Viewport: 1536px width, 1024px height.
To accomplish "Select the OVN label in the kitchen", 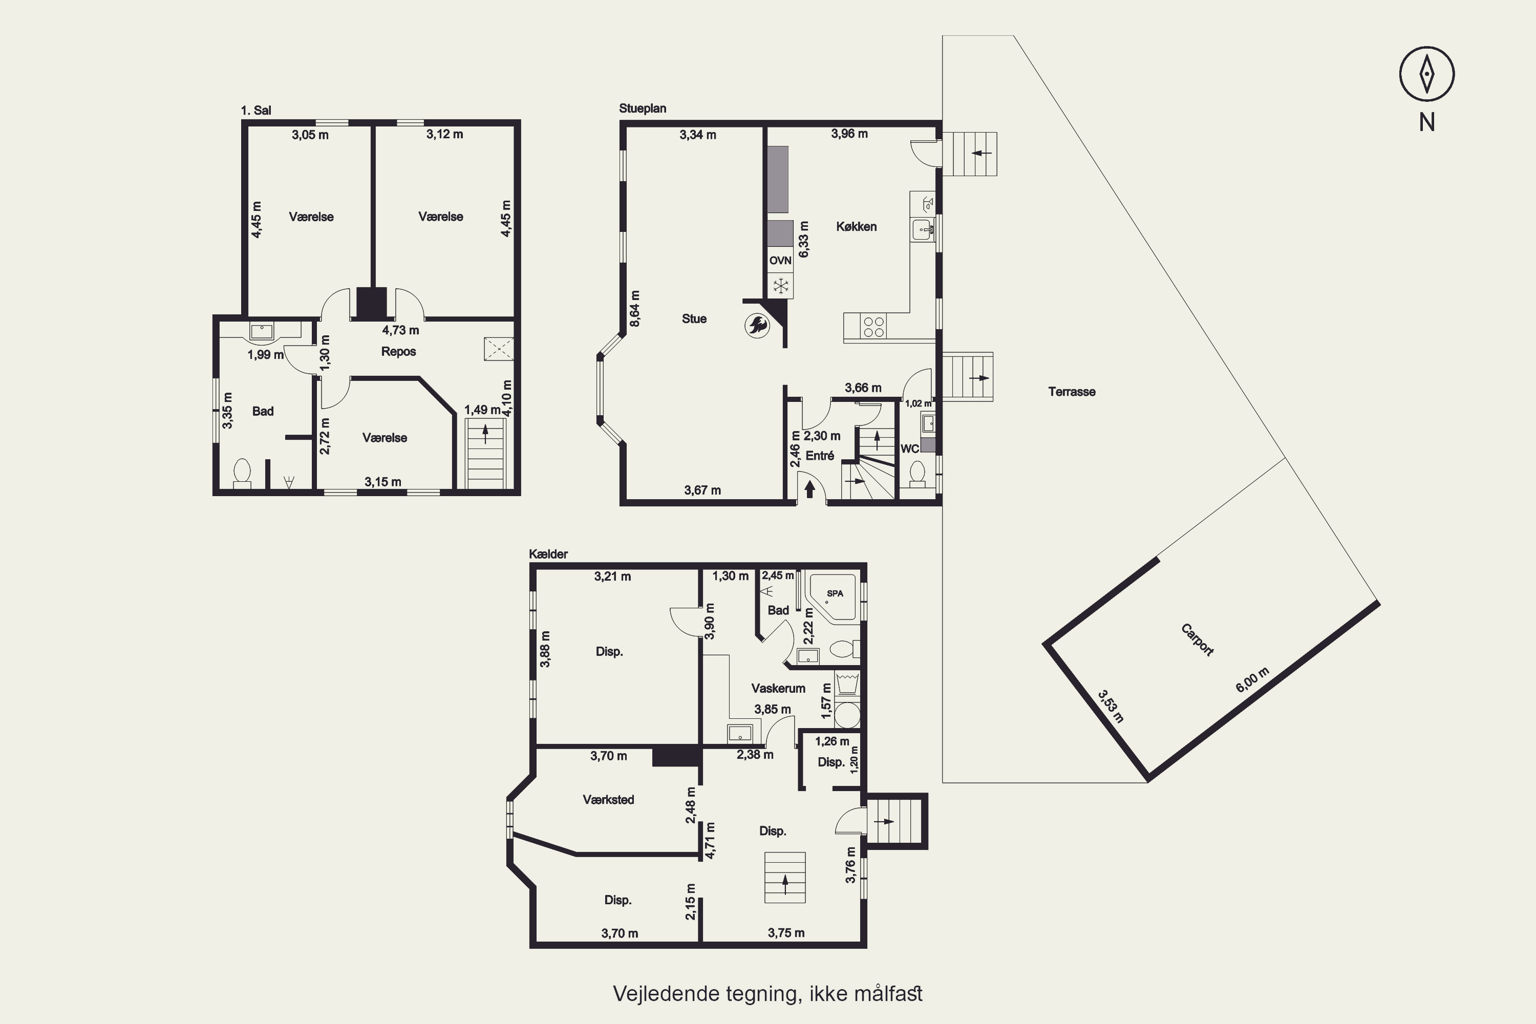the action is pyautogui.click(x=780, y=261).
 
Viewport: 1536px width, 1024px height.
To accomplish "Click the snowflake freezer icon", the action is pyautogui.click(x=780, y=285).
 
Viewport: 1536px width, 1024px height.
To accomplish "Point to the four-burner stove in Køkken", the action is pyautogui.click(x=874, y=327).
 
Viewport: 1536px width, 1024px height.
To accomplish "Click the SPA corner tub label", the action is pyautogui.click(x=835, y=593).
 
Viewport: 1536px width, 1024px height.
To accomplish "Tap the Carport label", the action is pyautogui.click(x=1197, y=640).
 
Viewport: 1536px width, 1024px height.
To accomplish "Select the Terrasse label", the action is pyautogui.click(x=1072, y=392).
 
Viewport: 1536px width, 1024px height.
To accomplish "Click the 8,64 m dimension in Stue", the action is pyautogui.click(x=635, y=309).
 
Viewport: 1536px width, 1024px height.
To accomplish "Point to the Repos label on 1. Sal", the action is pyautogui.click(x=398, y=351).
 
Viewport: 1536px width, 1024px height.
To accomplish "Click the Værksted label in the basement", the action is pyautogui.click(x=608, y=799).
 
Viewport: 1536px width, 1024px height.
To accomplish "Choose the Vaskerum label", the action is pyautogui.click(x=778, y=688).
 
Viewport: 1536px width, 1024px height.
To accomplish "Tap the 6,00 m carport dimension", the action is pyautogui.click(x=1252, y=680).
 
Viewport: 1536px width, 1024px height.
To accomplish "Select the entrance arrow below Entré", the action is pyautogui.click(x=810, y=488).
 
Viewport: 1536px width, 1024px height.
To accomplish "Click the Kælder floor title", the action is pyautogui.click(x=548, y=554).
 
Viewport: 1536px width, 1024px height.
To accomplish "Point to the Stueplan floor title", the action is pyautogui.click(x=643, y=109).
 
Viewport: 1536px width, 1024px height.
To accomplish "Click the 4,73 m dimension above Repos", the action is pyautogui.click(x=400, y=330).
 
